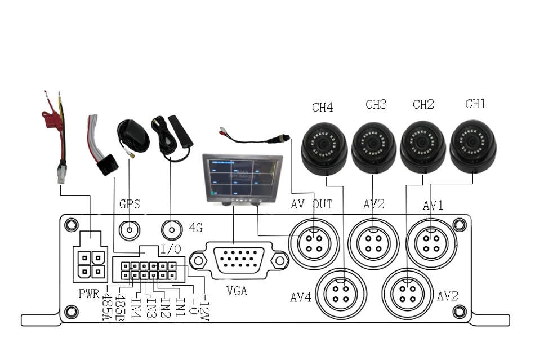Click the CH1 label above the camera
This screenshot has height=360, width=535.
[475, 104]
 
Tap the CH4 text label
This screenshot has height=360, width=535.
[323, 107]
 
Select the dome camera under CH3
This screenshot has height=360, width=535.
[373, 148]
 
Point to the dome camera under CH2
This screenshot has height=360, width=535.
[423, 147]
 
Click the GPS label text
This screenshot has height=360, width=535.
[130, 204]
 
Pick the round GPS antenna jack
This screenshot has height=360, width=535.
[130, 230]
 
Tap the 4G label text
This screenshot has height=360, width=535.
[196, 228]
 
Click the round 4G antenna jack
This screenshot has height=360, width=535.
[172, 230]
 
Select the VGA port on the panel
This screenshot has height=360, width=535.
[239, 261]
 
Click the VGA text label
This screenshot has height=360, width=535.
[237, 291]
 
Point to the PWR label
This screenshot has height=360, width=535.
[89, 294]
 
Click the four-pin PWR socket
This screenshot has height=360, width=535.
[91, 264]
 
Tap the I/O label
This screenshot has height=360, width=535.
[171, 249]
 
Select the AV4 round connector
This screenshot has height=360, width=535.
[341, 294]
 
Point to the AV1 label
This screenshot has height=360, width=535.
[433, 205]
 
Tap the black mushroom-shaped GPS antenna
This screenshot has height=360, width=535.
[132, 136]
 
